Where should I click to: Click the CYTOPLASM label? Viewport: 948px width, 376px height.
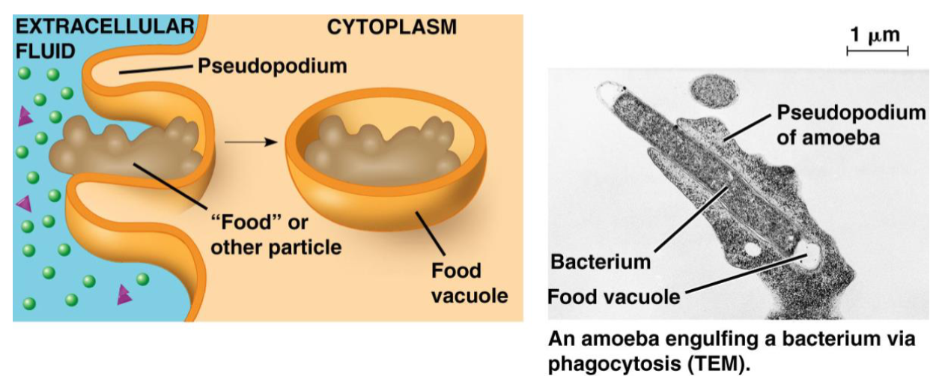click(391, 28)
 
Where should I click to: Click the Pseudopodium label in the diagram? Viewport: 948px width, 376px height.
click(272, 67)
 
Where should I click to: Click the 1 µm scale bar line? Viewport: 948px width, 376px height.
click(877, 51)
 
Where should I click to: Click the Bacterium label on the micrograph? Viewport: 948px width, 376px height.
click(600, 262)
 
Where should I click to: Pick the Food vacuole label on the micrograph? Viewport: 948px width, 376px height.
click(614, 297)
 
